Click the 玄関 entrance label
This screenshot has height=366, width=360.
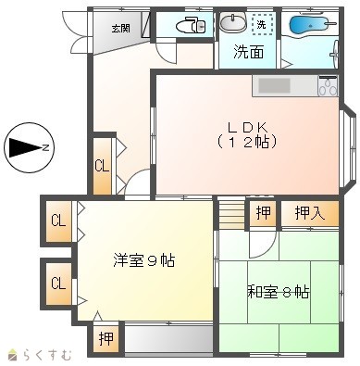point(120,29)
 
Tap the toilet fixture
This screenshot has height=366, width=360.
point(192,25)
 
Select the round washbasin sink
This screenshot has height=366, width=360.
point(233,22)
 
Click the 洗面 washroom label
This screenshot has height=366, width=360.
point(249,52)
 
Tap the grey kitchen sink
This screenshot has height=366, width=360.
point(274,85)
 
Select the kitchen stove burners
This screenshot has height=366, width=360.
point(329,86)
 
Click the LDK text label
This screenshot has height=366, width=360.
point(246,127)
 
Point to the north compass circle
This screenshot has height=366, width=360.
point(30,147)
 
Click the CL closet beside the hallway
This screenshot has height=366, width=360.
point(102,166)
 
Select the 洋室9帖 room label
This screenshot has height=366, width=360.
point(144,260)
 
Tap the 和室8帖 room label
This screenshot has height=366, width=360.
point(279,291)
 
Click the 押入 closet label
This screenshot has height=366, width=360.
point(310,213)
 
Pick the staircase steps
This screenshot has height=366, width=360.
point(231,214)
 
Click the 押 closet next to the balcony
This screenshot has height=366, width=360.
point(106,339)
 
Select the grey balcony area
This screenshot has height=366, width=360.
point(168,338)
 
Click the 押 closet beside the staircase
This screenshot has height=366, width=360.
point(264,213)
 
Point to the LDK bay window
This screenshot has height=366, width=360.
point(349,148)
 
